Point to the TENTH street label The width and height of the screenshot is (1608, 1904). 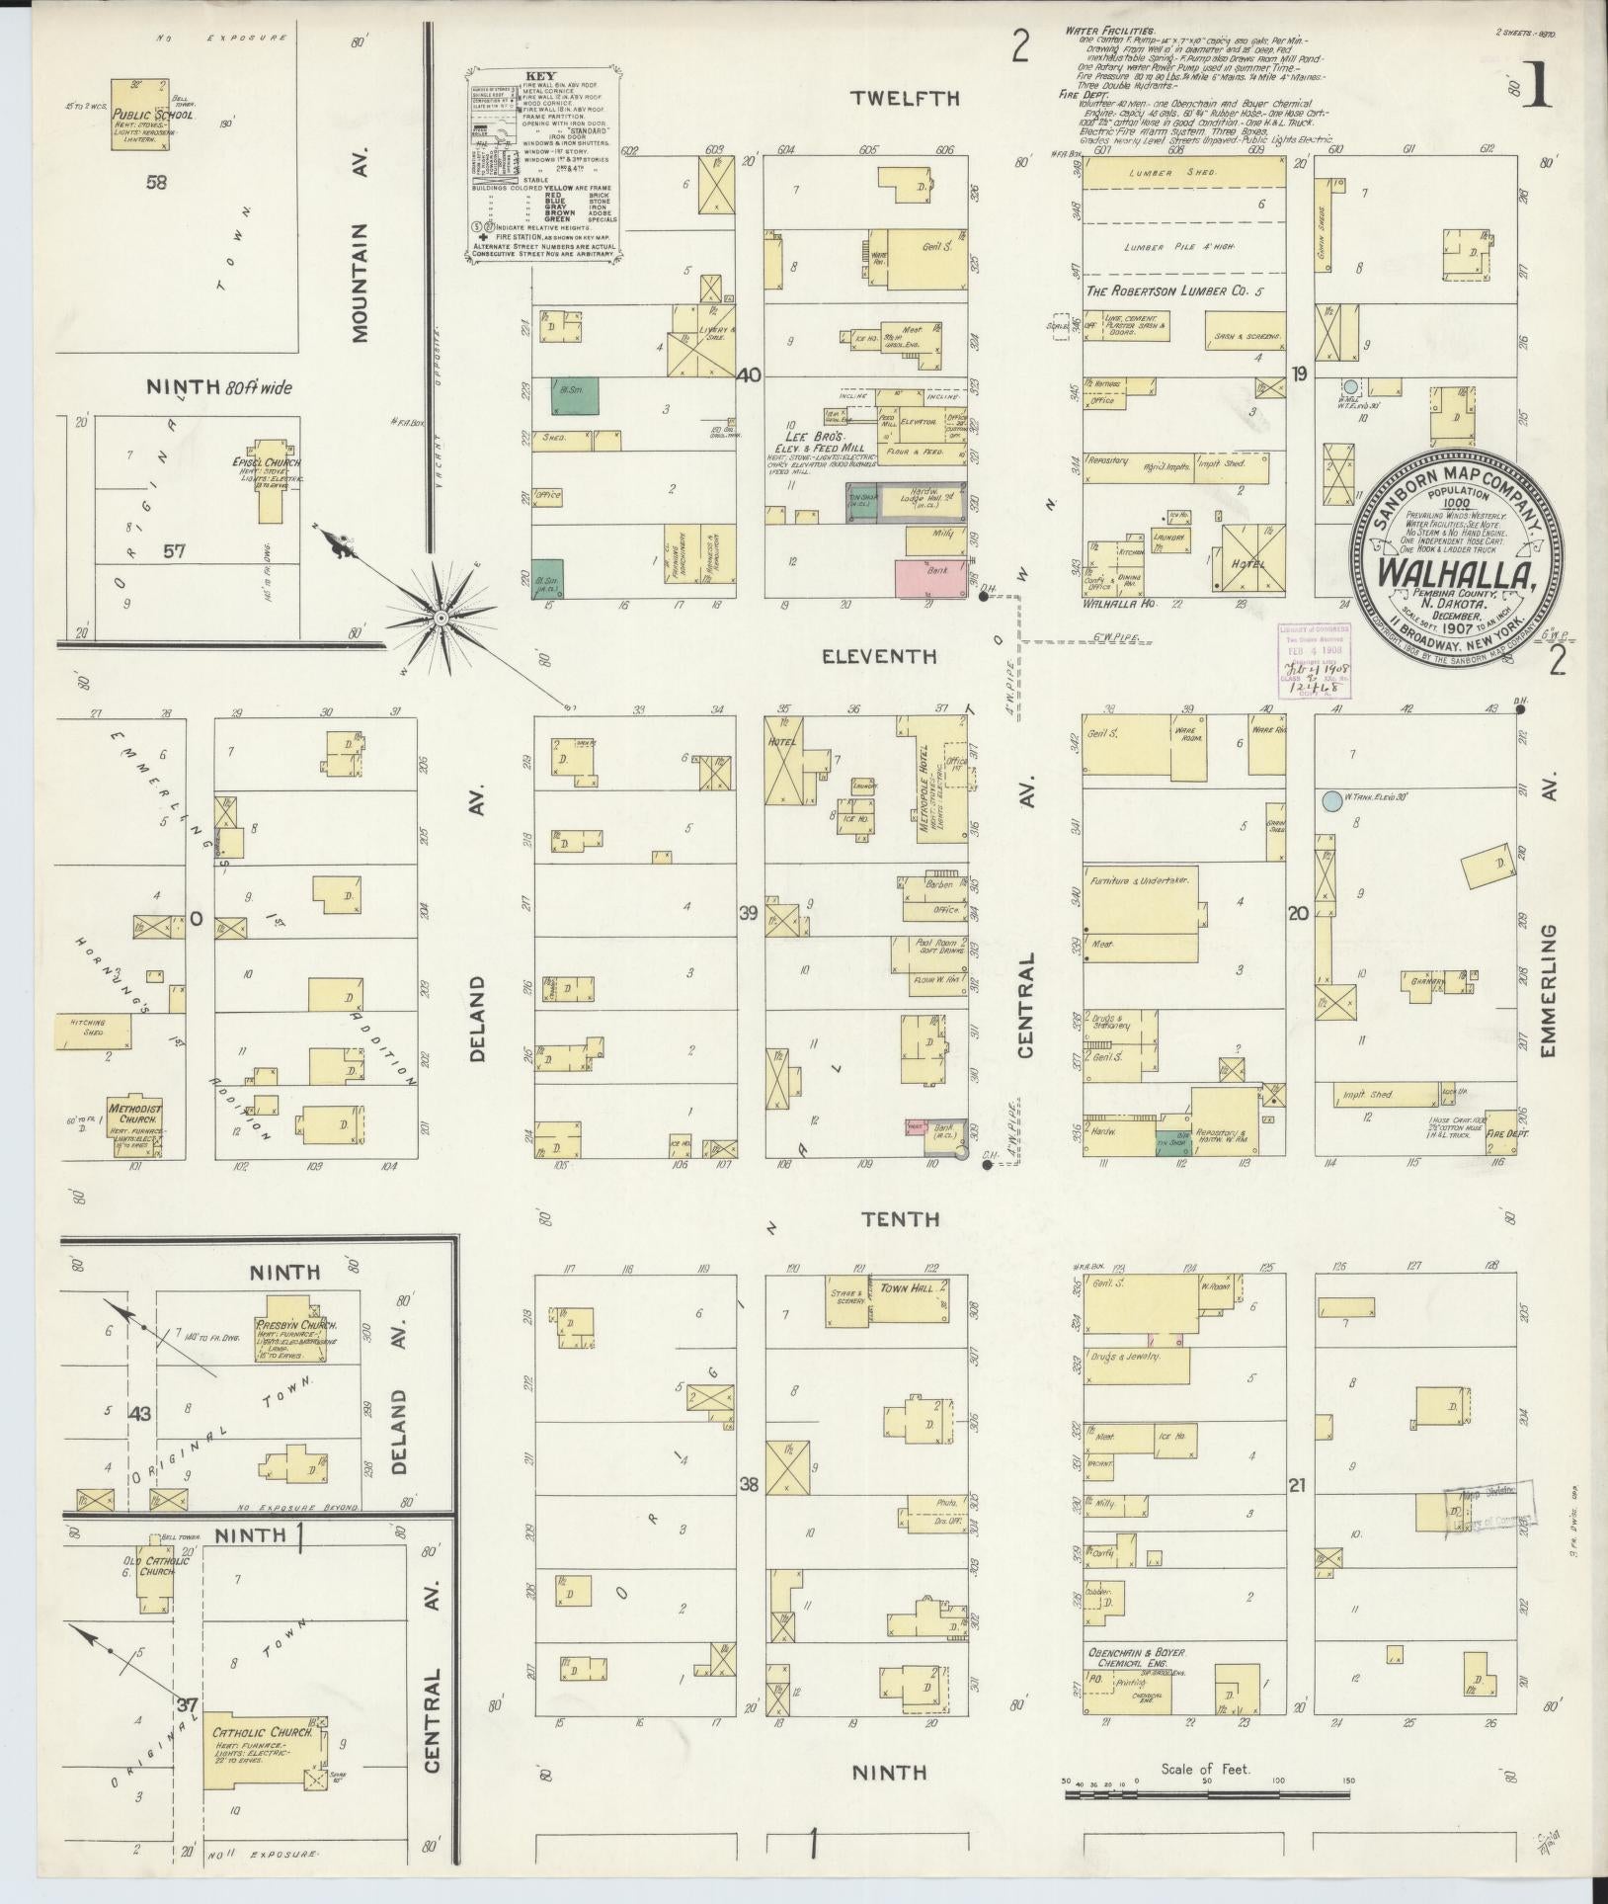pyautogui.click(x=900, y=1218)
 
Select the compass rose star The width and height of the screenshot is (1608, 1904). pyautogui.click(x=441, y=618)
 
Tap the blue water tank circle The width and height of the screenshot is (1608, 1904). pyautogui.click(x=1331, y=799)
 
